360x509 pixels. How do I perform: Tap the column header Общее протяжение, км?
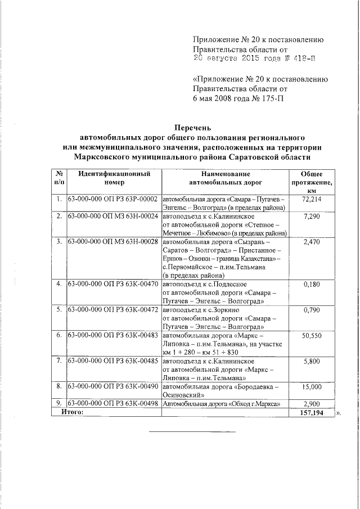pos(311,183)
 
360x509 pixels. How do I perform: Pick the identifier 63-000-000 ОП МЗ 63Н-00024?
pos(112,216)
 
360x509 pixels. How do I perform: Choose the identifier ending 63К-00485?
pos(112,360)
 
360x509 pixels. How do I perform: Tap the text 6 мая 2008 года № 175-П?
pos(238,98)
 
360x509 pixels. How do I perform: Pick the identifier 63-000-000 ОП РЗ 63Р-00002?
pos(112,199)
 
